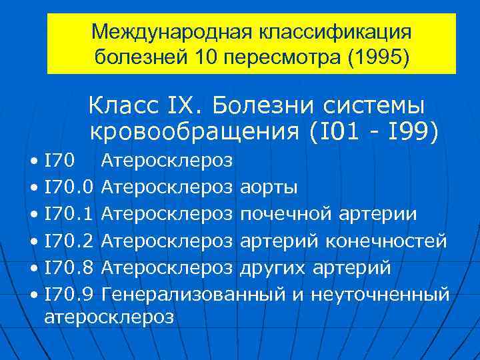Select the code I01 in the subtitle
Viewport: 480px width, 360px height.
[336, 132]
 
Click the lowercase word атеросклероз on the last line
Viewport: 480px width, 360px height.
[109, 317]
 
